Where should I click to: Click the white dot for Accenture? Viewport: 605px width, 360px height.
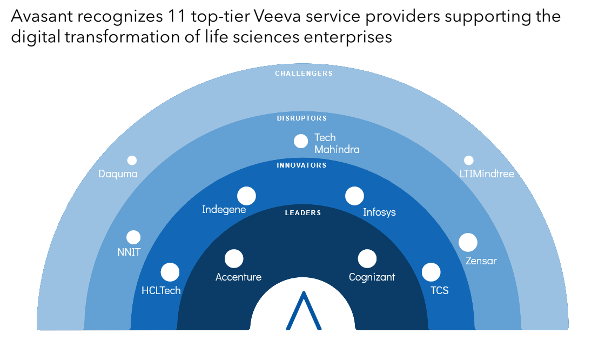(x=234, y=258)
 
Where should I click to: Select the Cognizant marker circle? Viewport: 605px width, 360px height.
(x=367, y=258)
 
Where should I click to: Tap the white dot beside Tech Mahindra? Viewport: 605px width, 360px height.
(x=301, y=141)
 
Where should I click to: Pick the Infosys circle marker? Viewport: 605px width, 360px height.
(x=354, y=196)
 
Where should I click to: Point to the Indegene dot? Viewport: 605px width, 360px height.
(x=246, y=196)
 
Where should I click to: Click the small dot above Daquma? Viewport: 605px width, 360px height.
(x=132, y=161)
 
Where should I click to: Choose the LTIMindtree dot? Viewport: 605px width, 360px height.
(x=468, y=161)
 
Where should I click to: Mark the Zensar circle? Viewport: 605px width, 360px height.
(x=468, y=242)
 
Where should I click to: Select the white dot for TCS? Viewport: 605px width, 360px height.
(x=431, y=272)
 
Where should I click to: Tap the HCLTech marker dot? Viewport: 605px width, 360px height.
(x=170, y=272)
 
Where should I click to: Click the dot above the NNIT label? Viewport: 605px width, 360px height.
(x=133, y=237)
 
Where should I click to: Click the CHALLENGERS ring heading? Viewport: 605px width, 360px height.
(x=304, y=74)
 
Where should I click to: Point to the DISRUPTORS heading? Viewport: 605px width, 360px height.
(x=302, y=118)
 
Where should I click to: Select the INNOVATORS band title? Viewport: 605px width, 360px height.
(x=301, y=165)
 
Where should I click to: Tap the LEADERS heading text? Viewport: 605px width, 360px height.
(x=303, y=213)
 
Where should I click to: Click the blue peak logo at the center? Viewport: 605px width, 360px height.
(x=304, y=311)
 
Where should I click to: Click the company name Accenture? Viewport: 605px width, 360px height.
(x=238, y=277)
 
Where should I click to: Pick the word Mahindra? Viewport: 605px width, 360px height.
(x=337, y=150)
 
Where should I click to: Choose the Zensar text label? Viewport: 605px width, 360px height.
(x=481, y=261)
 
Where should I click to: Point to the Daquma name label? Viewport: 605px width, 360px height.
(x=118, y=174)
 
